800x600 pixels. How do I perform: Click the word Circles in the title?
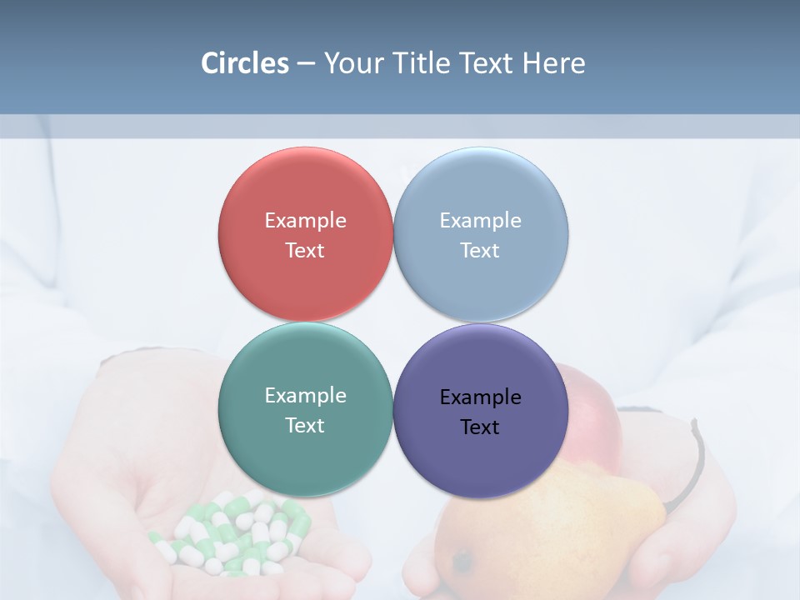tap(244, 63)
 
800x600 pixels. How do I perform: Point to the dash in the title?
tap(306, 64)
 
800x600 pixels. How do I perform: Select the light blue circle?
tap(481, 283)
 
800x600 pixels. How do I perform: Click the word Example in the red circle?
tap(305, 221)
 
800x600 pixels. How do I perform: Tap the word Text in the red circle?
tap(305, 251)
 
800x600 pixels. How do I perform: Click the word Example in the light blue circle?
tap(480, 221)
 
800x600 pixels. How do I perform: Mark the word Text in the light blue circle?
tap(480, 251)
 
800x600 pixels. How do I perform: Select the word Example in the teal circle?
tap(305, 396)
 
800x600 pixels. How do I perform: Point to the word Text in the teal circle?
tap(305, 426)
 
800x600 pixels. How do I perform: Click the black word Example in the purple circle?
tap(480, 397)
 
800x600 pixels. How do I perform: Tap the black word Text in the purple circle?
tap(480, 427)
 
